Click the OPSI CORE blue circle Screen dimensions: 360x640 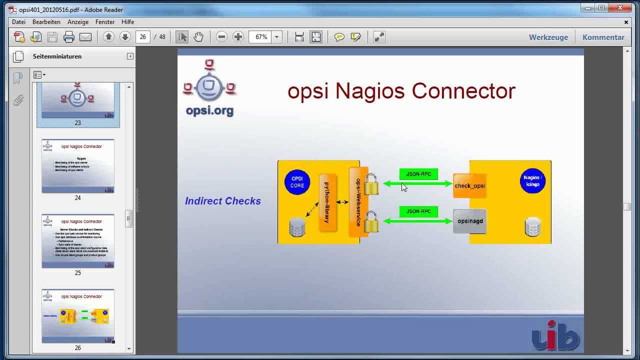(297, 182)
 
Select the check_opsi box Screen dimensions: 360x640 (469, 186)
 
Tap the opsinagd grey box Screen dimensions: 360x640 (469, 220)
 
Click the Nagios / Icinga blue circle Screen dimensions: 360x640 (532, 180)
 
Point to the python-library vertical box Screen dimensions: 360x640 (327, 202)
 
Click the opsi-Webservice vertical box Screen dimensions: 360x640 (358, 202)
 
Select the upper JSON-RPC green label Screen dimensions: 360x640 (418, 174)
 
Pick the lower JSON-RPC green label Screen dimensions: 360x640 (418, 211)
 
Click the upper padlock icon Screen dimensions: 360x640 (371, 184)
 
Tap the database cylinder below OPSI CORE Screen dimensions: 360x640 (297, 227)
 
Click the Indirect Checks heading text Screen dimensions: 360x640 (223, 201)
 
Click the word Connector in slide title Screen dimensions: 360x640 (463, 91)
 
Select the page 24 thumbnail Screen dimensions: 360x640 (78, 166)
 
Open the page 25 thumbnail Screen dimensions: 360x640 (78, 241)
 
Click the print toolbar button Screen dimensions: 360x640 (69, 37)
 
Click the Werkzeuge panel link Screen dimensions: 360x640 (548, 37)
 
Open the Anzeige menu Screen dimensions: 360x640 (78, 22)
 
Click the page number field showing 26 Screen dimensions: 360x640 (143, 37)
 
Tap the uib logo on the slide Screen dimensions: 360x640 (555, 333)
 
